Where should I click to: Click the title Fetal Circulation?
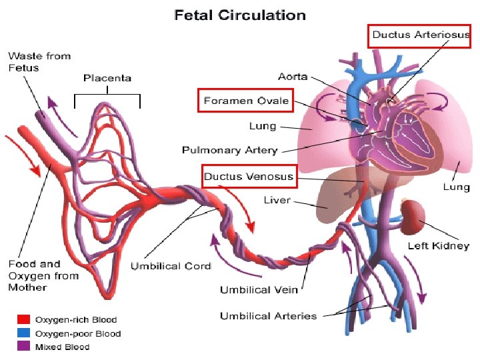pos(240,15)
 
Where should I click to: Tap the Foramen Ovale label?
pos(246,101)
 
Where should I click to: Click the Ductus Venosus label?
pos(248,177)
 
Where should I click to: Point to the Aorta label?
pos(293,77)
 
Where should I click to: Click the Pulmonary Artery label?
pos(230,150)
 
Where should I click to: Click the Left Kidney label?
pos(438,246)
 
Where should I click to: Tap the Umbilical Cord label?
pos(171,266)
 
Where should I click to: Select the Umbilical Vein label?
pos(259,289)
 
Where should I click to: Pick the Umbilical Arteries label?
pos(268,315)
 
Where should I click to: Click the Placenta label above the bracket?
pos(107,78)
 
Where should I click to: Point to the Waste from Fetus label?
pos(39,62)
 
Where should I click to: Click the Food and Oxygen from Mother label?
pos(43,275)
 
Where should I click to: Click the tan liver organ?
pos(337,193)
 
